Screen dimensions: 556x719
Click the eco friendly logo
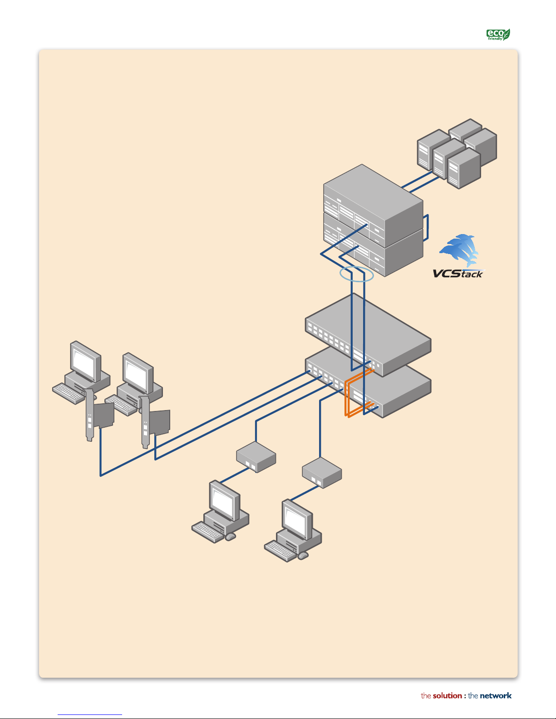pyautogui.click(x=498, y=34)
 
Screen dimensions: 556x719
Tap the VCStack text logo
pyautogui.click(x=458, y=273)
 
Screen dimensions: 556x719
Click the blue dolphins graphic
pyautogui.click(x=459, y=250)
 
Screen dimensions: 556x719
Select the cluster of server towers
pyautogui.click(x=457, y=153)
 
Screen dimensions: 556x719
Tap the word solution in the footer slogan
pyautogui.click(x=447, y=695)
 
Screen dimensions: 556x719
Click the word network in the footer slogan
pyautogui.click(x=496, y=695)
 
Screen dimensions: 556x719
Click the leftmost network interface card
pyautogui.click(x=98, y=415)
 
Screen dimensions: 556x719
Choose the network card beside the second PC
pyautogui.click(x=154, y=422)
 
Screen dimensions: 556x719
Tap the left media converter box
pyautogui.click(x=256, y=457)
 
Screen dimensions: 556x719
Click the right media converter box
pyautogui.click(x=322, y=473)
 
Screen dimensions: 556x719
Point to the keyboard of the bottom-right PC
pyautogui.click(x=280, y=551)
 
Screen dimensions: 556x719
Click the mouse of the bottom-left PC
pyautogui.click(x=231, y=537)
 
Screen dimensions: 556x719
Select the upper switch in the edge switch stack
pyautogui.click(x=368, y=335)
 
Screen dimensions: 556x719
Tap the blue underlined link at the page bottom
pyautogui.click(x=90, y=714)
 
